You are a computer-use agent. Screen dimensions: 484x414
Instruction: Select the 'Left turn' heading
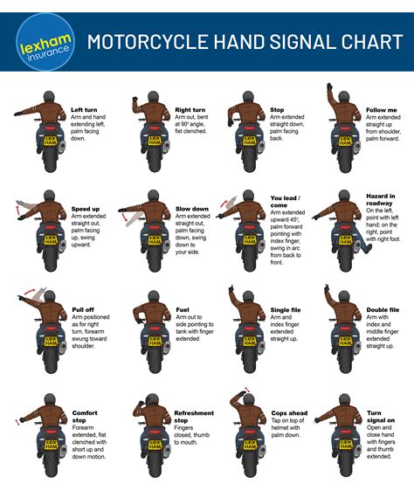pyautogui.click(x=84, y=109)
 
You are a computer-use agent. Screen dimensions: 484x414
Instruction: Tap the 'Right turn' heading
pyautogui.click(x=190, y=109)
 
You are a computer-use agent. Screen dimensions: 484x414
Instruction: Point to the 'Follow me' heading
pyautogui.click(x=382, y=109)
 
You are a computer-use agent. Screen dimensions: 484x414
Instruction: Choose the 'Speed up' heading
pyautogui.click(x=86, y=210)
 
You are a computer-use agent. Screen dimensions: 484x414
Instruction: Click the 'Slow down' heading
pyautogui.click(x=192, y=210)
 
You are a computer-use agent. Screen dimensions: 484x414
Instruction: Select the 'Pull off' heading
pyautogui.click(x=82, y=309)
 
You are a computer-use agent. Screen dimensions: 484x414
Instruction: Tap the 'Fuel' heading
pyautogui.click(x=182, y=309)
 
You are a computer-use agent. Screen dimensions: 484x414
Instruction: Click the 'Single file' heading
pyautogui.click(x=286, y=309)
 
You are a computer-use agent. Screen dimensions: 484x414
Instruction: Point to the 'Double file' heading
pyautogui.click(x=382, y=309)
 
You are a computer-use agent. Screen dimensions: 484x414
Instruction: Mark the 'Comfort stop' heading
pyautogui.click(x=85, y=414)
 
